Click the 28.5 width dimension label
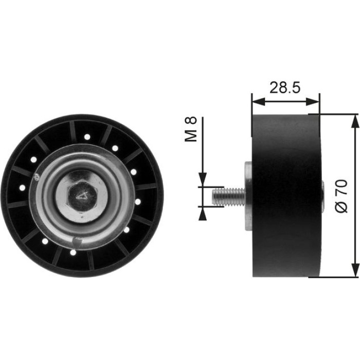[x=285, y=87]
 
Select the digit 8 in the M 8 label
[x=191, y=120]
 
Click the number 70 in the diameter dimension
[x=341, y=187]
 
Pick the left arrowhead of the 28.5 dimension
[x=258, y=101]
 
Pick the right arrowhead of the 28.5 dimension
[x=313, y=101]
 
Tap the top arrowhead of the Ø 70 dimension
[x=355, y=121]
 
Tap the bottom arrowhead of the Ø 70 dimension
[x=355, y=270]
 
